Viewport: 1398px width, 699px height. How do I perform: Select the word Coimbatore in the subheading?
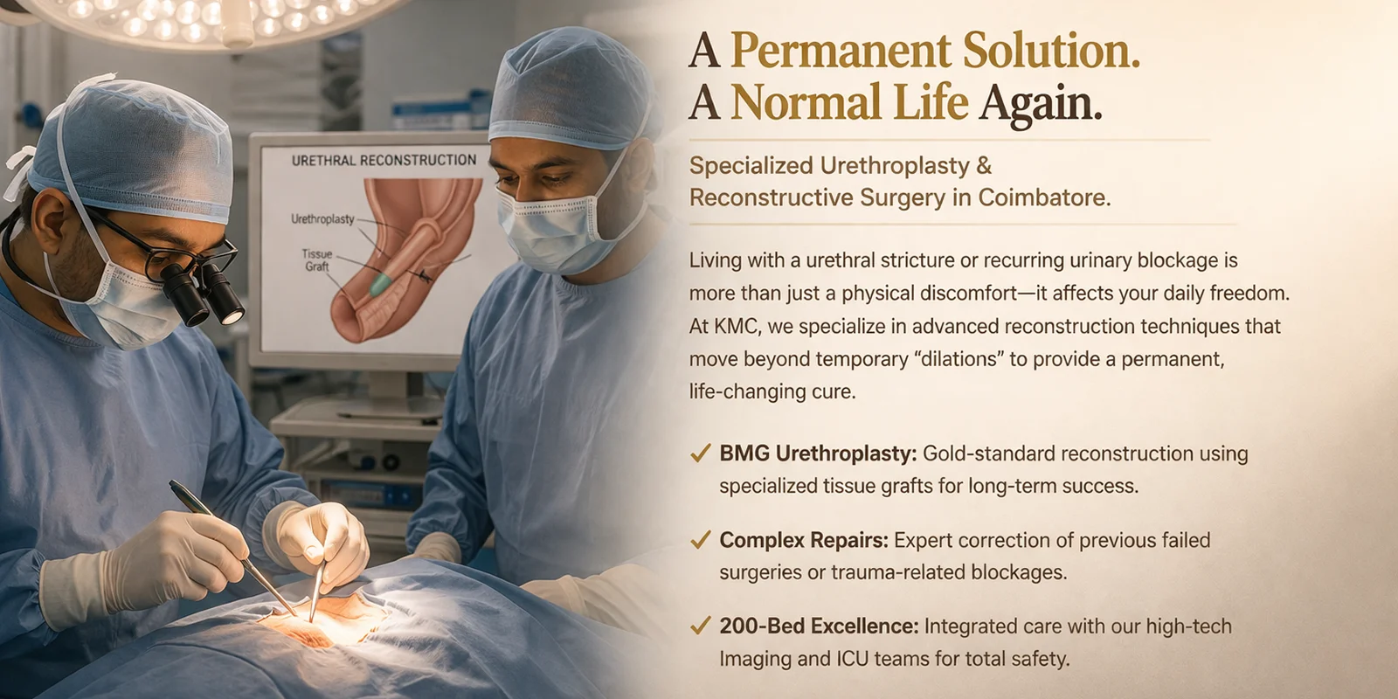[1044, 197]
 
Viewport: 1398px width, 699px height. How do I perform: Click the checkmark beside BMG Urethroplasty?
[701, 453]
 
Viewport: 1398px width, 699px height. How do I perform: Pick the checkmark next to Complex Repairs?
[701, 539]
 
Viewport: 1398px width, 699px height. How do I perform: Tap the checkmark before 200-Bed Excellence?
[701, 626]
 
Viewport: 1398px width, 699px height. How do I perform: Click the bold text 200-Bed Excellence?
[819, 626]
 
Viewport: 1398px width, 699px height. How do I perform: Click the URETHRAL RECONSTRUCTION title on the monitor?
[384, 161]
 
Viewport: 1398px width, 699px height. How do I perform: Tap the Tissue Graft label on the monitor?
[317, 260]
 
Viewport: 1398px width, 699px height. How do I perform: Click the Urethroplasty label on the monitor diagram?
[322, 219]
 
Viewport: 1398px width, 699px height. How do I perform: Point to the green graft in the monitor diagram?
[381, 285]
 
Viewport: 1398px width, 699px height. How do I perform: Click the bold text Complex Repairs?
[804, 540]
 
